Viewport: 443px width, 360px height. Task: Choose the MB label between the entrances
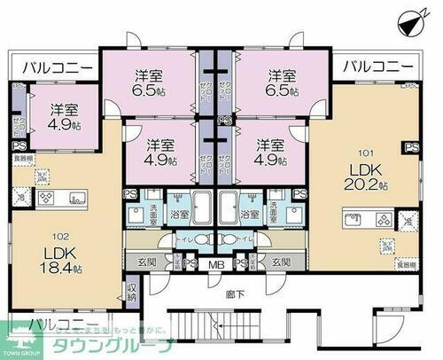pos(215,262)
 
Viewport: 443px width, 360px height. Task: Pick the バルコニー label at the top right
pos(377,66)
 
